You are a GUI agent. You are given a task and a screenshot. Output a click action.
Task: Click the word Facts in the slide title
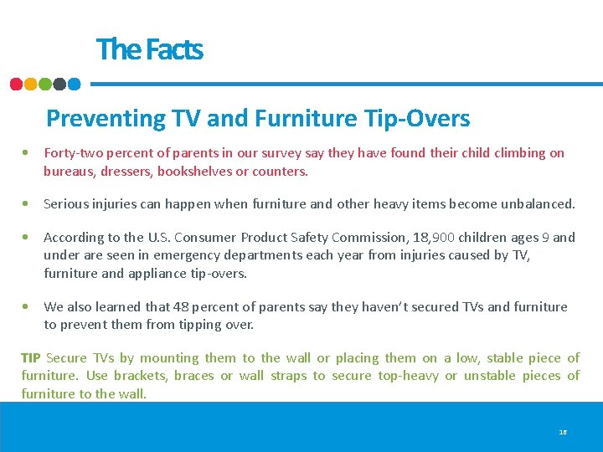tap(174, 49)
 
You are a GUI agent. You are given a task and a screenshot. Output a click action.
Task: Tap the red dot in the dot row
tap(16, 84)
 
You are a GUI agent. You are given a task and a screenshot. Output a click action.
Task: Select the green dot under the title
tap(45, 84)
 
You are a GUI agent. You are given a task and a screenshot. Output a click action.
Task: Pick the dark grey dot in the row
tap(59, 84)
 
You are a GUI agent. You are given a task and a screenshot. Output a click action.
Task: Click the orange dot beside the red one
tap(31, 84)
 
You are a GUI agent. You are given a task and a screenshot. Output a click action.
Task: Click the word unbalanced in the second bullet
tap(540, 203)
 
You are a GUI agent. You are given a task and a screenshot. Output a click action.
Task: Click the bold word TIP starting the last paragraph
tap(31, 358)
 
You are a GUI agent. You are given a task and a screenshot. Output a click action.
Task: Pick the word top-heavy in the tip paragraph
tap(408, 376)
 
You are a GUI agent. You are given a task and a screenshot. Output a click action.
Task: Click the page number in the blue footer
tap(562, 432)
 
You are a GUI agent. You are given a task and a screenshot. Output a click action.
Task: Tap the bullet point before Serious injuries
tap(28, 203)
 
